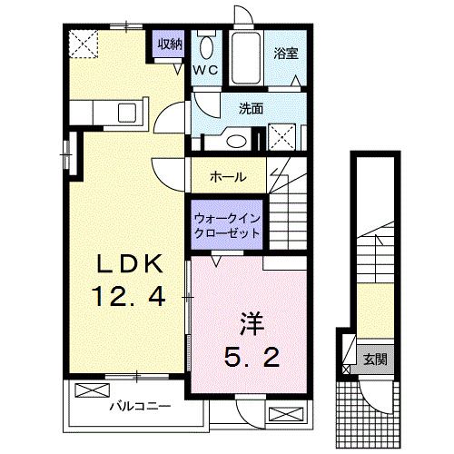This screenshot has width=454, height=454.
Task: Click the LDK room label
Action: pos(131,263)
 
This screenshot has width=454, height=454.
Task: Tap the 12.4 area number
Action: pos(128,296)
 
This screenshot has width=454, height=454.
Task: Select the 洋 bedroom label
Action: pos(251,323)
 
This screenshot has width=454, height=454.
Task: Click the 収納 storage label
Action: pos(169,43)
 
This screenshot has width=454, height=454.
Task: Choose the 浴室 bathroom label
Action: pos(286,54)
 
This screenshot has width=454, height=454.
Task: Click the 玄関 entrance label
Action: pos(375,358)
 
